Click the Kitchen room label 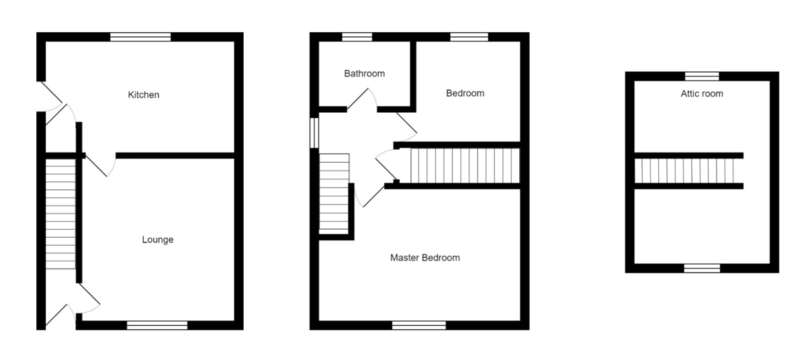click(x=144, y=95)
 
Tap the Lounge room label click(x=158, y=239)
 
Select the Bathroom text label click(x=365, y=73)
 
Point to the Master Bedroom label click(x=425, y=257)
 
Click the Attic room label click(x=702, y=93)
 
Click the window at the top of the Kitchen click(x=140, y=37)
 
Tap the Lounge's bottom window click(x=157, y=325)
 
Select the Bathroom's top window click(x=357, y=37)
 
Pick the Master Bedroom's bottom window click(x=419, y=325)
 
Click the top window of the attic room click(x=702, y=76)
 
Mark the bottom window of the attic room click(x=702, y=268)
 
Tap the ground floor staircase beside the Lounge click(x=60, y=213)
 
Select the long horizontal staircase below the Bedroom click(x=465, y=165)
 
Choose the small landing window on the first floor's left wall click(x=314, y=132)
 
